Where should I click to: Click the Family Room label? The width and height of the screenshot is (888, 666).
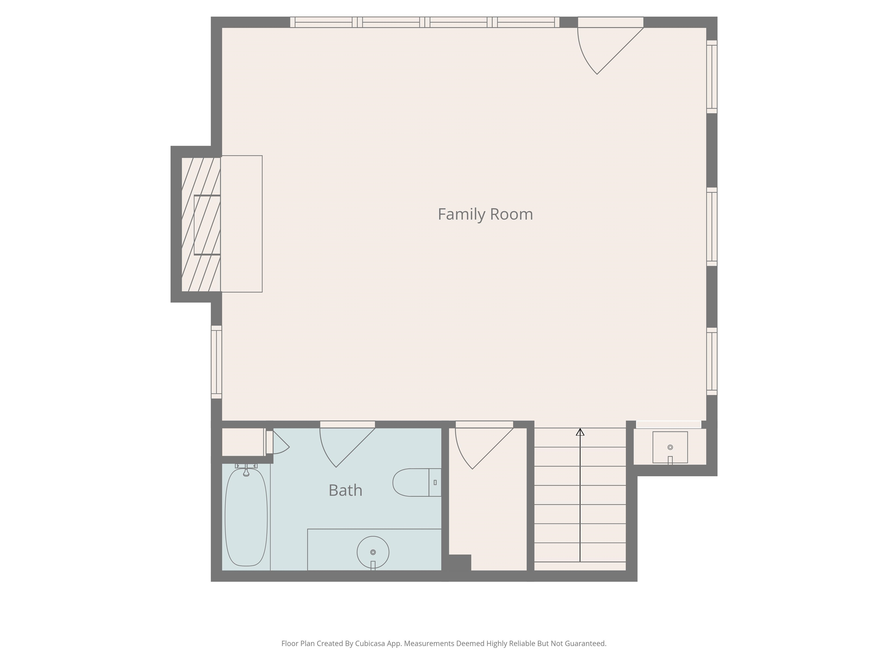(485, 214)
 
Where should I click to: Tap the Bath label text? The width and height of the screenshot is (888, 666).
(345, 490)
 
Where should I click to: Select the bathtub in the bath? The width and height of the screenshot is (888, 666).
(246, 517)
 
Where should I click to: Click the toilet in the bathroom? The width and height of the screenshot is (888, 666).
(417, 482)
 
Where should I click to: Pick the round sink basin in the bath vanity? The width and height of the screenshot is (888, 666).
(373, 552)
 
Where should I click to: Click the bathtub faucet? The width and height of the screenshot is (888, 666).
(246, 471)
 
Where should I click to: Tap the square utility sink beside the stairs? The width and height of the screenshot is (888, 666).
(670, 447)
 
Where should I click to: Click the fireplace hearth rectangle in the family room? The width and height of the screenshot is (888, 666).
(242, 224)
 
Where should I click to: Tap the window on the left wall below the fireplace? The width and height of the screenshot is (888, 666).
(217, 362)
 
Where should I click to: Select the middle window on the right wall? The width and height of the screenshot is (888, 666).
(712, 227)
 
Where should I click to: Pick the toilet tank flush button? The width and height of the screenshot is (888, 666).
(435, 482)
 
